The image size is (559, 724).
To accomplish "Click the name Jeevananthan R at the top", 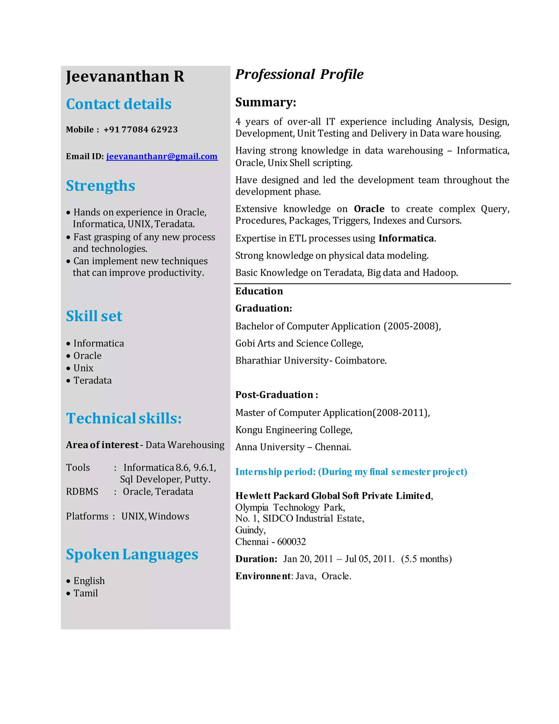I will pyautogui.click(x=125, y=76).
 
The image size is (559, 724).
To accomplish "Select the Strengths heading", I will pyautogui.click(x=100, y=186).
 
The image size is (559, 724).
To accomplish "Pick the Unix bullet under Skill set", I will pyautogui.click(x=83, y=368).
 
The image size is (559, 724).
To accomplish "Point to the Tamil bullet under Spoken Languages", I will pyautogui.click(x=85, y=593).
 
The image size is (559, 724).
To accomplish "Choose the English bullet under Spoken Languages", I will pyautogui.click(x=89, y=581).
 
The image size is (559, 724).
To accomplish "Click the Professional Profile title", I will pyautogui.click(x=299, y=74).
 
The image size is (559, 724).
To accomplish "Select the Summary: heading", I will pyautogui.click(x=266, y=102).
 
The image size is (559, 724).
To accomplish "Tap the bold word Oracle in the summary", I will pyautogui.click(x=369, y=209).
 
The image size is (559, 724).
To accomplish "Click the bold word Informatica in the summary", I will pyautogui.click(x=406, y=238).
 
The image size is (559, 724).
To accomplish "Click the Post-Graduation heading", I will pyautogui.click(x=276, y=395).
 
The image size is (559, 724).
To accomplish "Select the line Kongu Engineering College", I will pyautogui.click(x=294, y=430).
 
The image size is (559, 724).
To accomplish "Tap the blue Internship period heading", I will pyautogui.click(x=351, y=472).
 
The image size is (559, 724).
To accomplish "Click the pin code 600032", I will pyautogui.click(x=292, y=542).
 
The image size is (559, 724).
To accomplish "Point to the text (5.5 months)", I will pyautogui.click(x=426, y=559).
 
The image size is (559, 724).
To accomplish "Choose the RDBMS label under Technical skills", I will pyautogui.click(x=82, y=492).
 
